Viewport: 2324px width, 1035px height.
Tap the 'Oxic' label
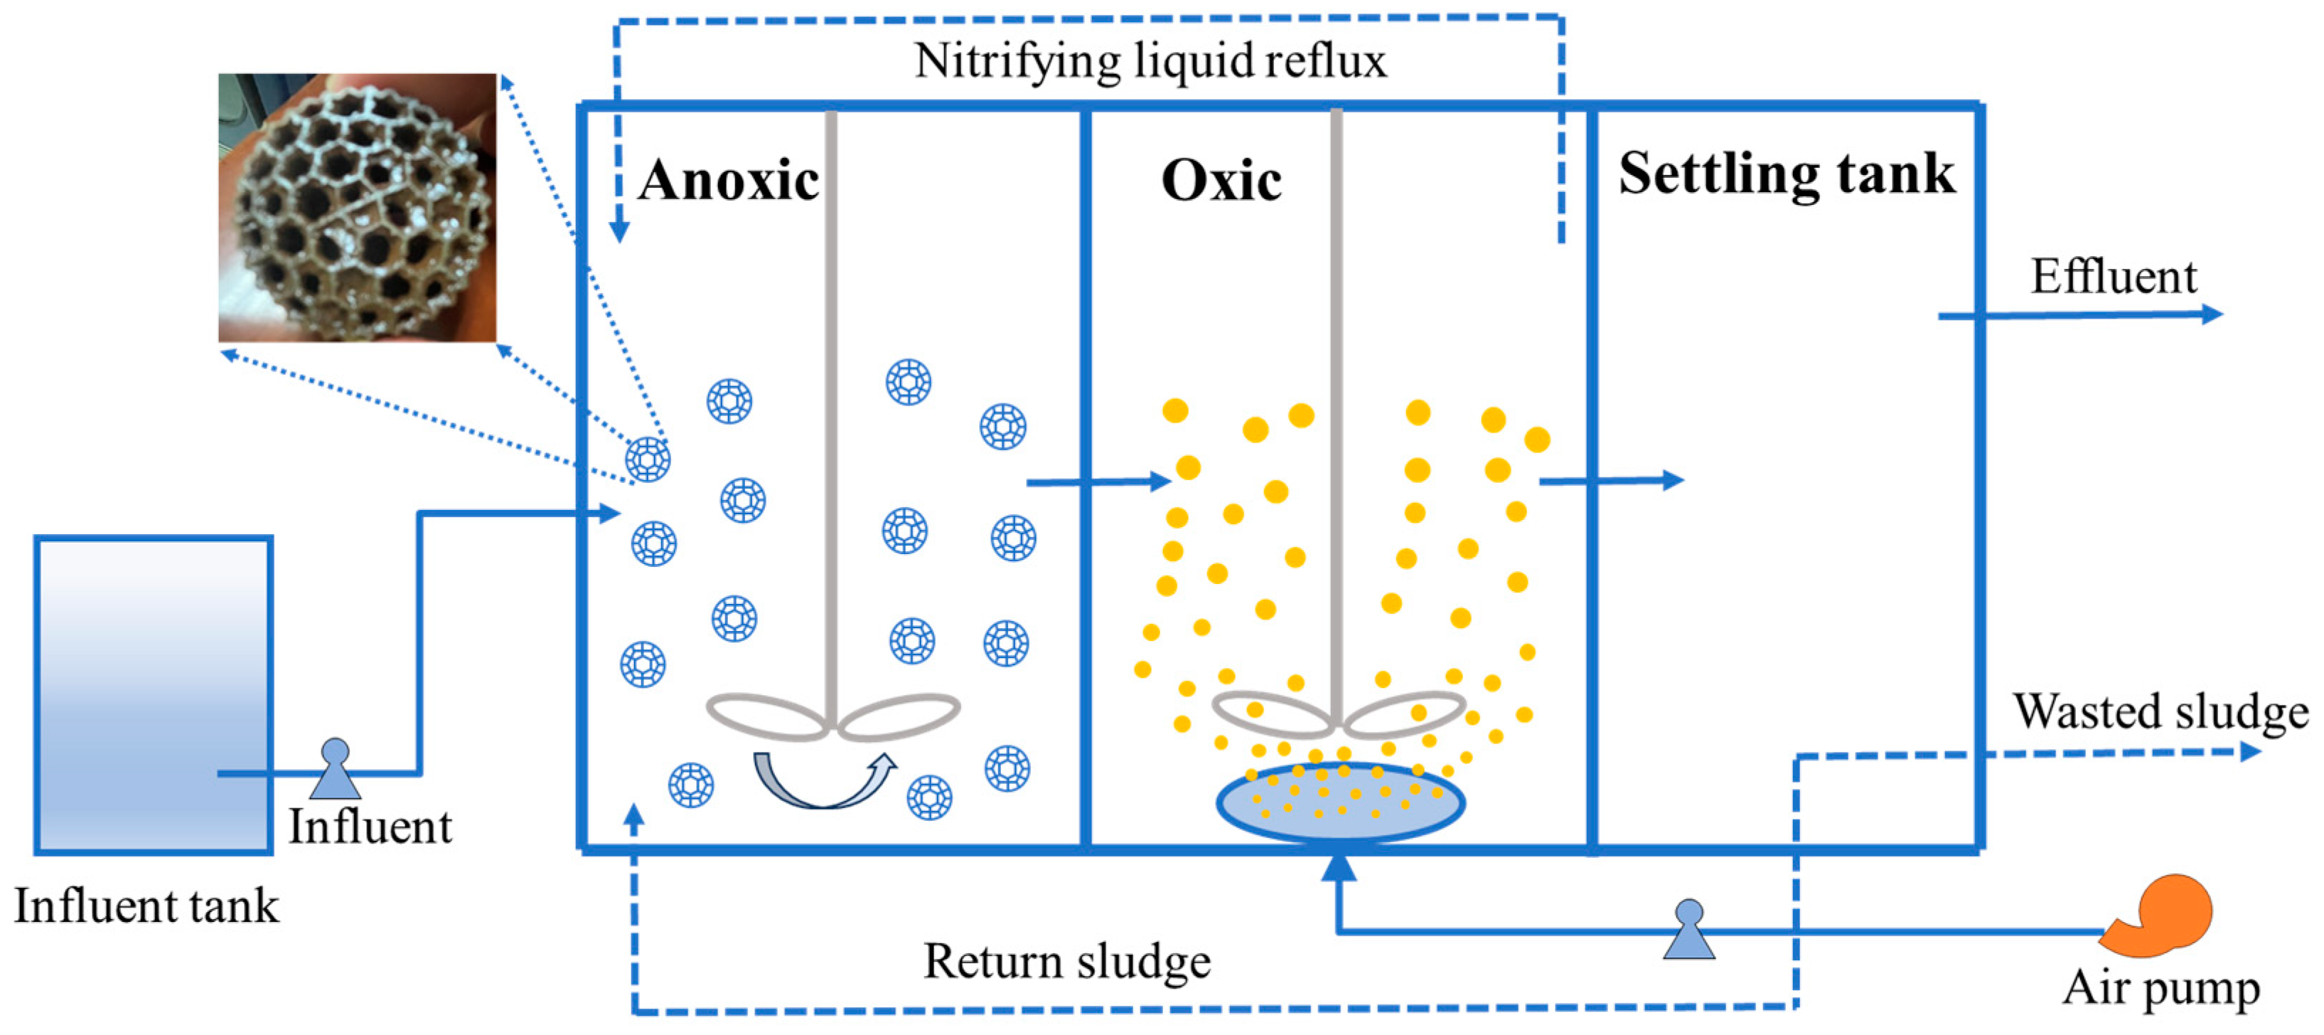pos(1221,181)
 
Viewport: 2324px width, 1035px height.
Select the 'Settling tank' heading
pos(1787,174)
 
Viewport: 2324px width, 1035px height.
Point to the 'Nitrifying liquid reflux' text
pos(1150,61)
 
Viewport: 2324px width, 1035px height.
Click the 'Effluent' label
pos(2113,276)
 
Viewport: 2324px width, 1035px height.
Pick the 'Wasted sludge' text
pos(2160,711)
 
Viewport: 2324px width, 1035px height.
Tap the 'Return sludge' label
pos(1066,961)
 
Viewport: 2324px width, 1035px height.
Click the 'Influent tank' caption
pos(146,906)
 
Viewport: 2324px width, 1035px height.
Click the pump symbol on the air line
pos(1689,930)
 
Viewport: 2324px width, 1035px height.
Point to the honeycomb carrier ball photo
pos(358,208)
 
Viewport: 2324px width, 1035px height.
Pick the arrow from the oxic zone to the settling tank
pos(1611,480)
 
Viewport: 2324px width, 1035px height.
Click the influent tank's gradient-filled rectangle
pos(154,695)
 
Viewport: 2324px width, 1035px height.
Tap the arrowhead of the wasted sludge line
pos(2250,750)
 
